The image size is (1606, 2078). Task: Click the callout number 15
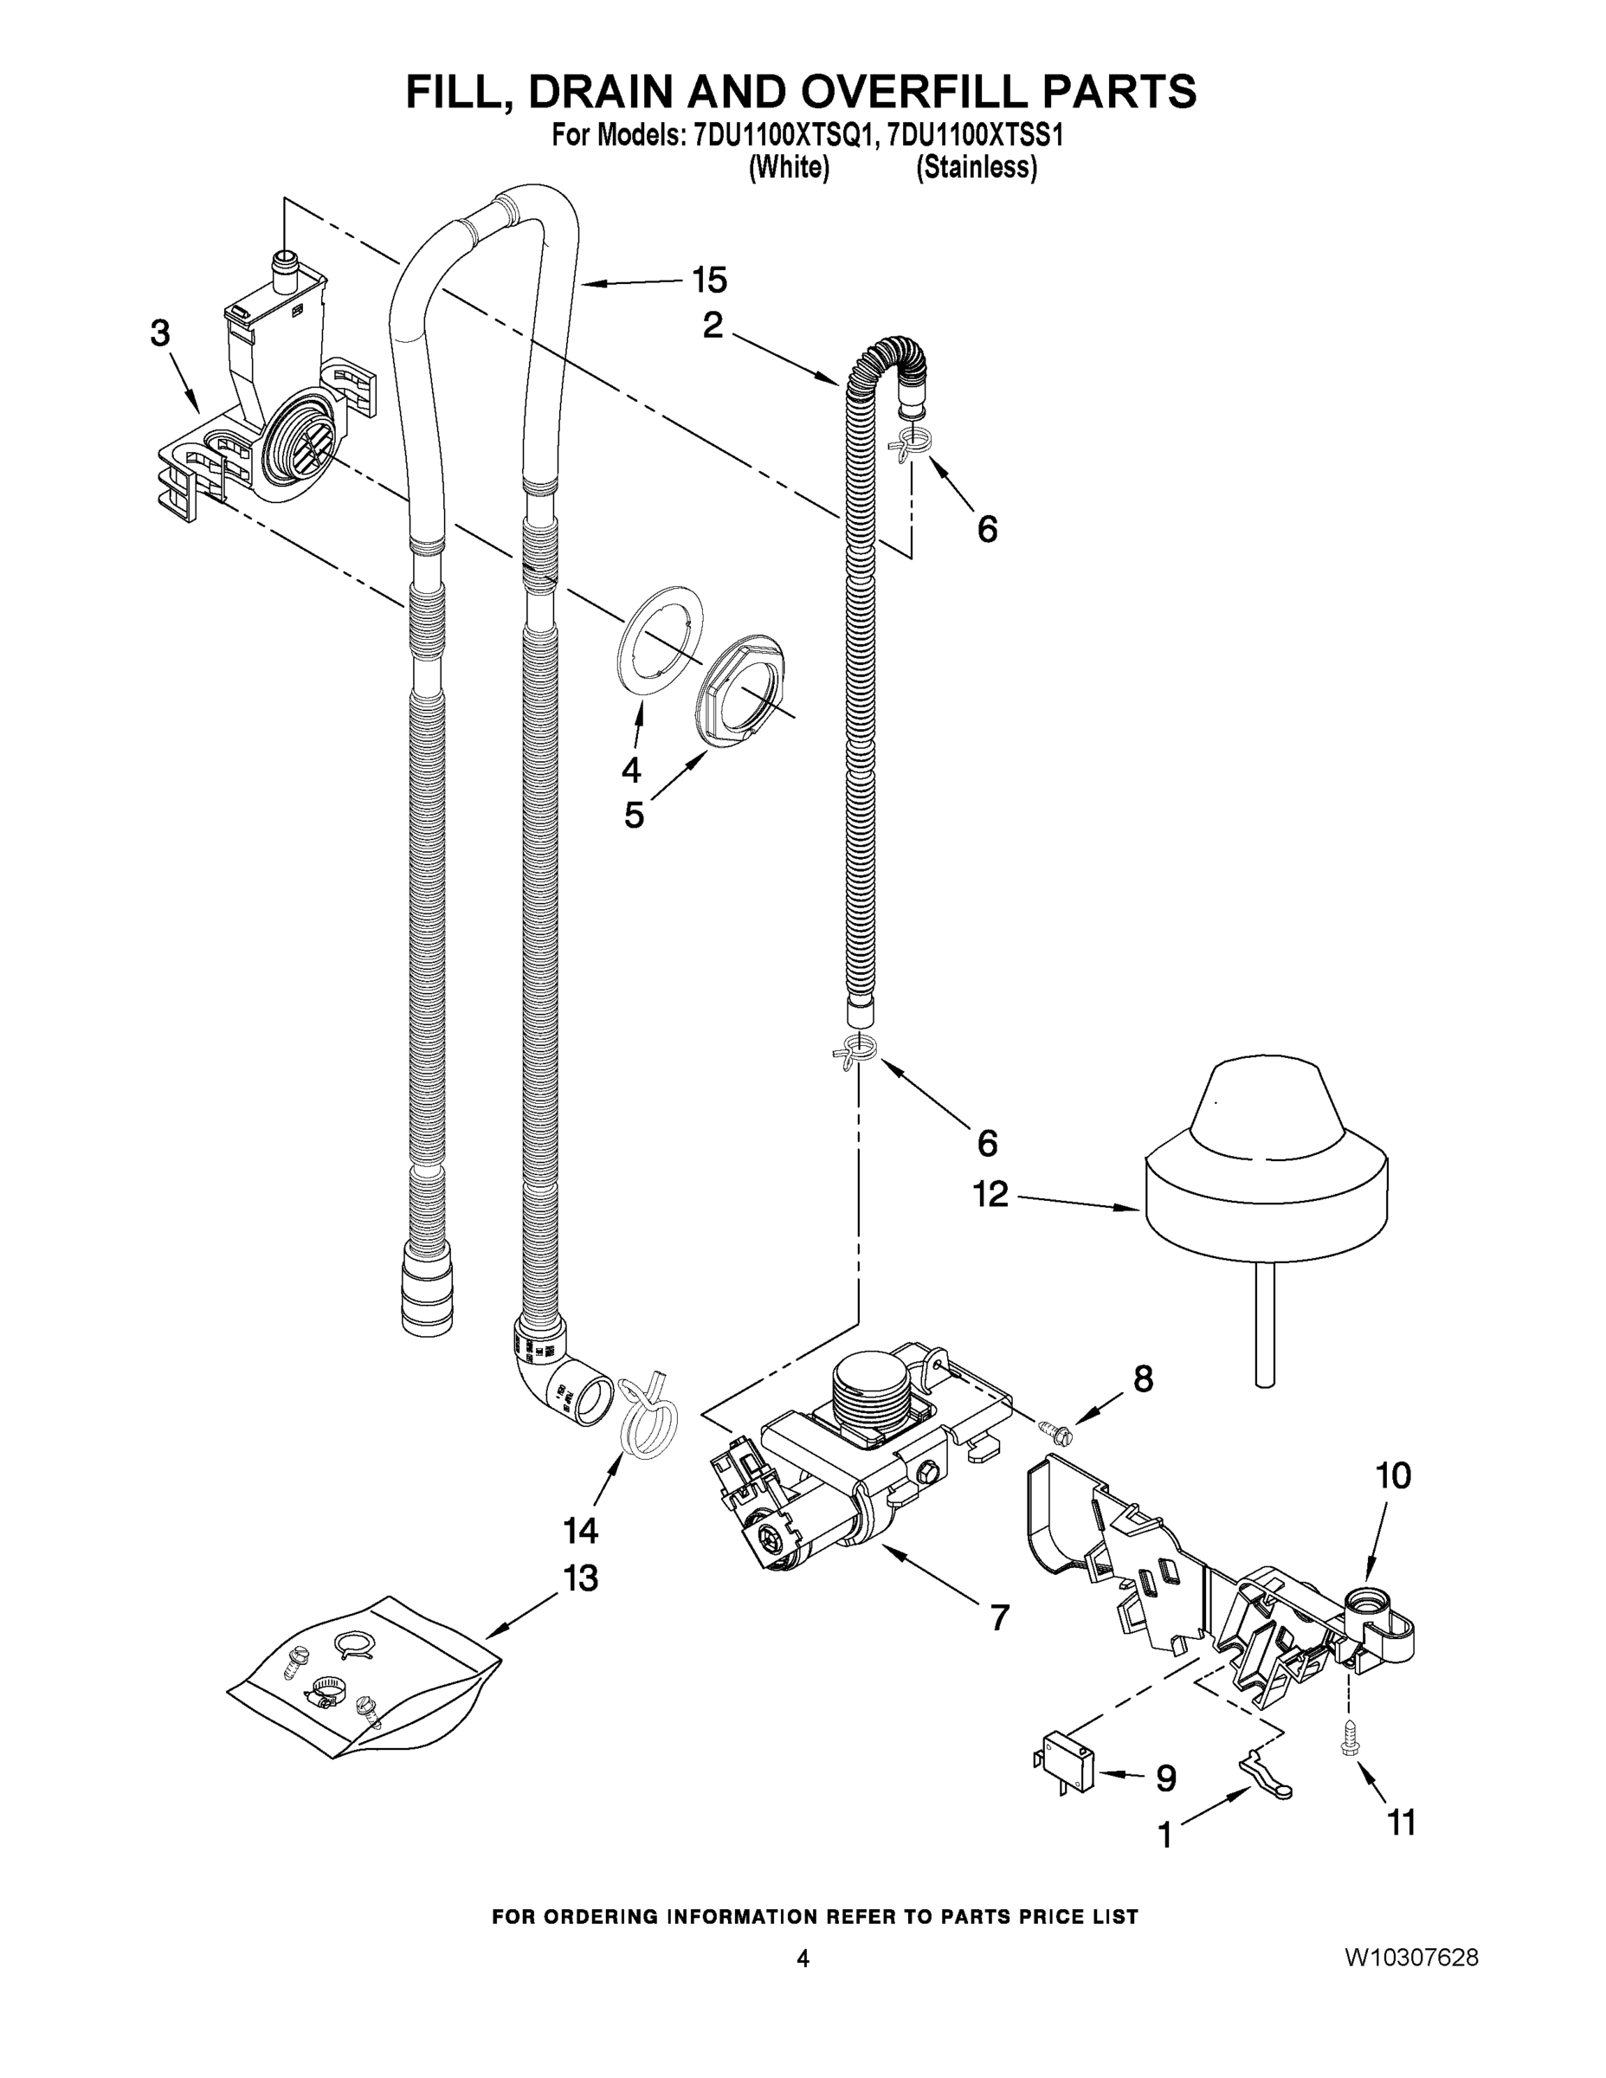pyautogui.click(x=709, y=281)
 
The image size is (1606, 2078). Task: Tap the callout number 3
pyautogui.click(x=160, y=333)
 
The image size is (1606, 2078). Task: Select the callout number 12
pyautogui.click(x=990, y=1194)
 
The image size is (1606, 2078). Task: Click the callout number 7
pyautogui.click(x=999, y=1617)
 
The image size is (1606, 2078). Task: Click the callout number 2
pyautogui.click(x=713, y=326)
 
